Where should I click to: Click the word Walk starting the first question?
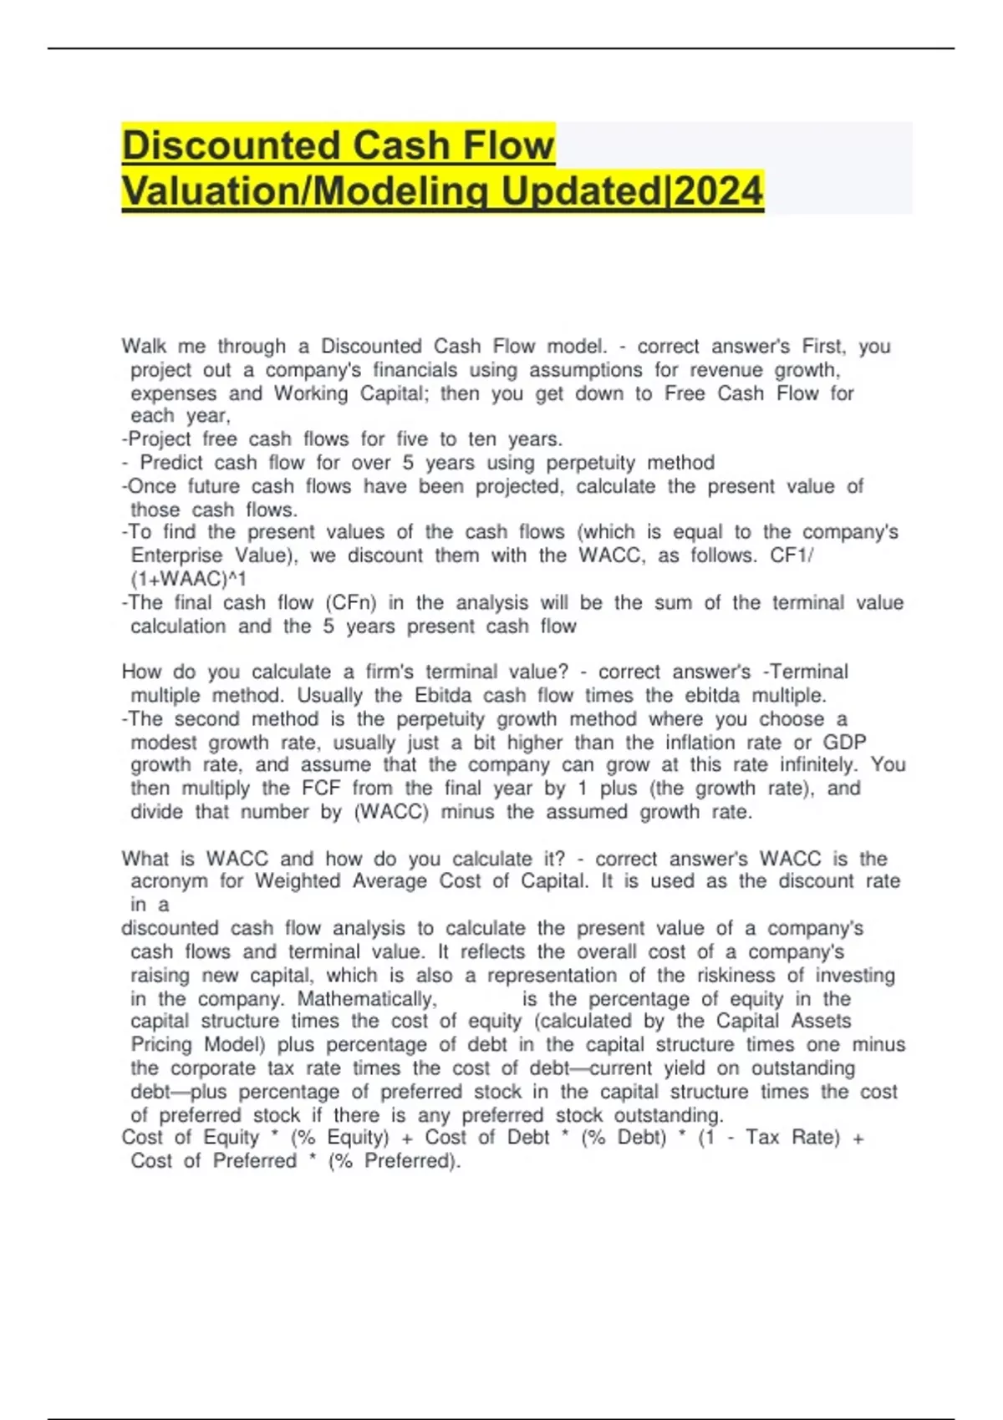tap(144, 346)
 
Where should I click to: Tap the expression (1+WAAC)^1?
tap(188, 579)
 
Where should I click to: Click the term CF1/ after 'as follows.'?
tap(791, 555)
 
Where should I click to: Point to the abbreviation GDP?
tap(844, 743)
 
